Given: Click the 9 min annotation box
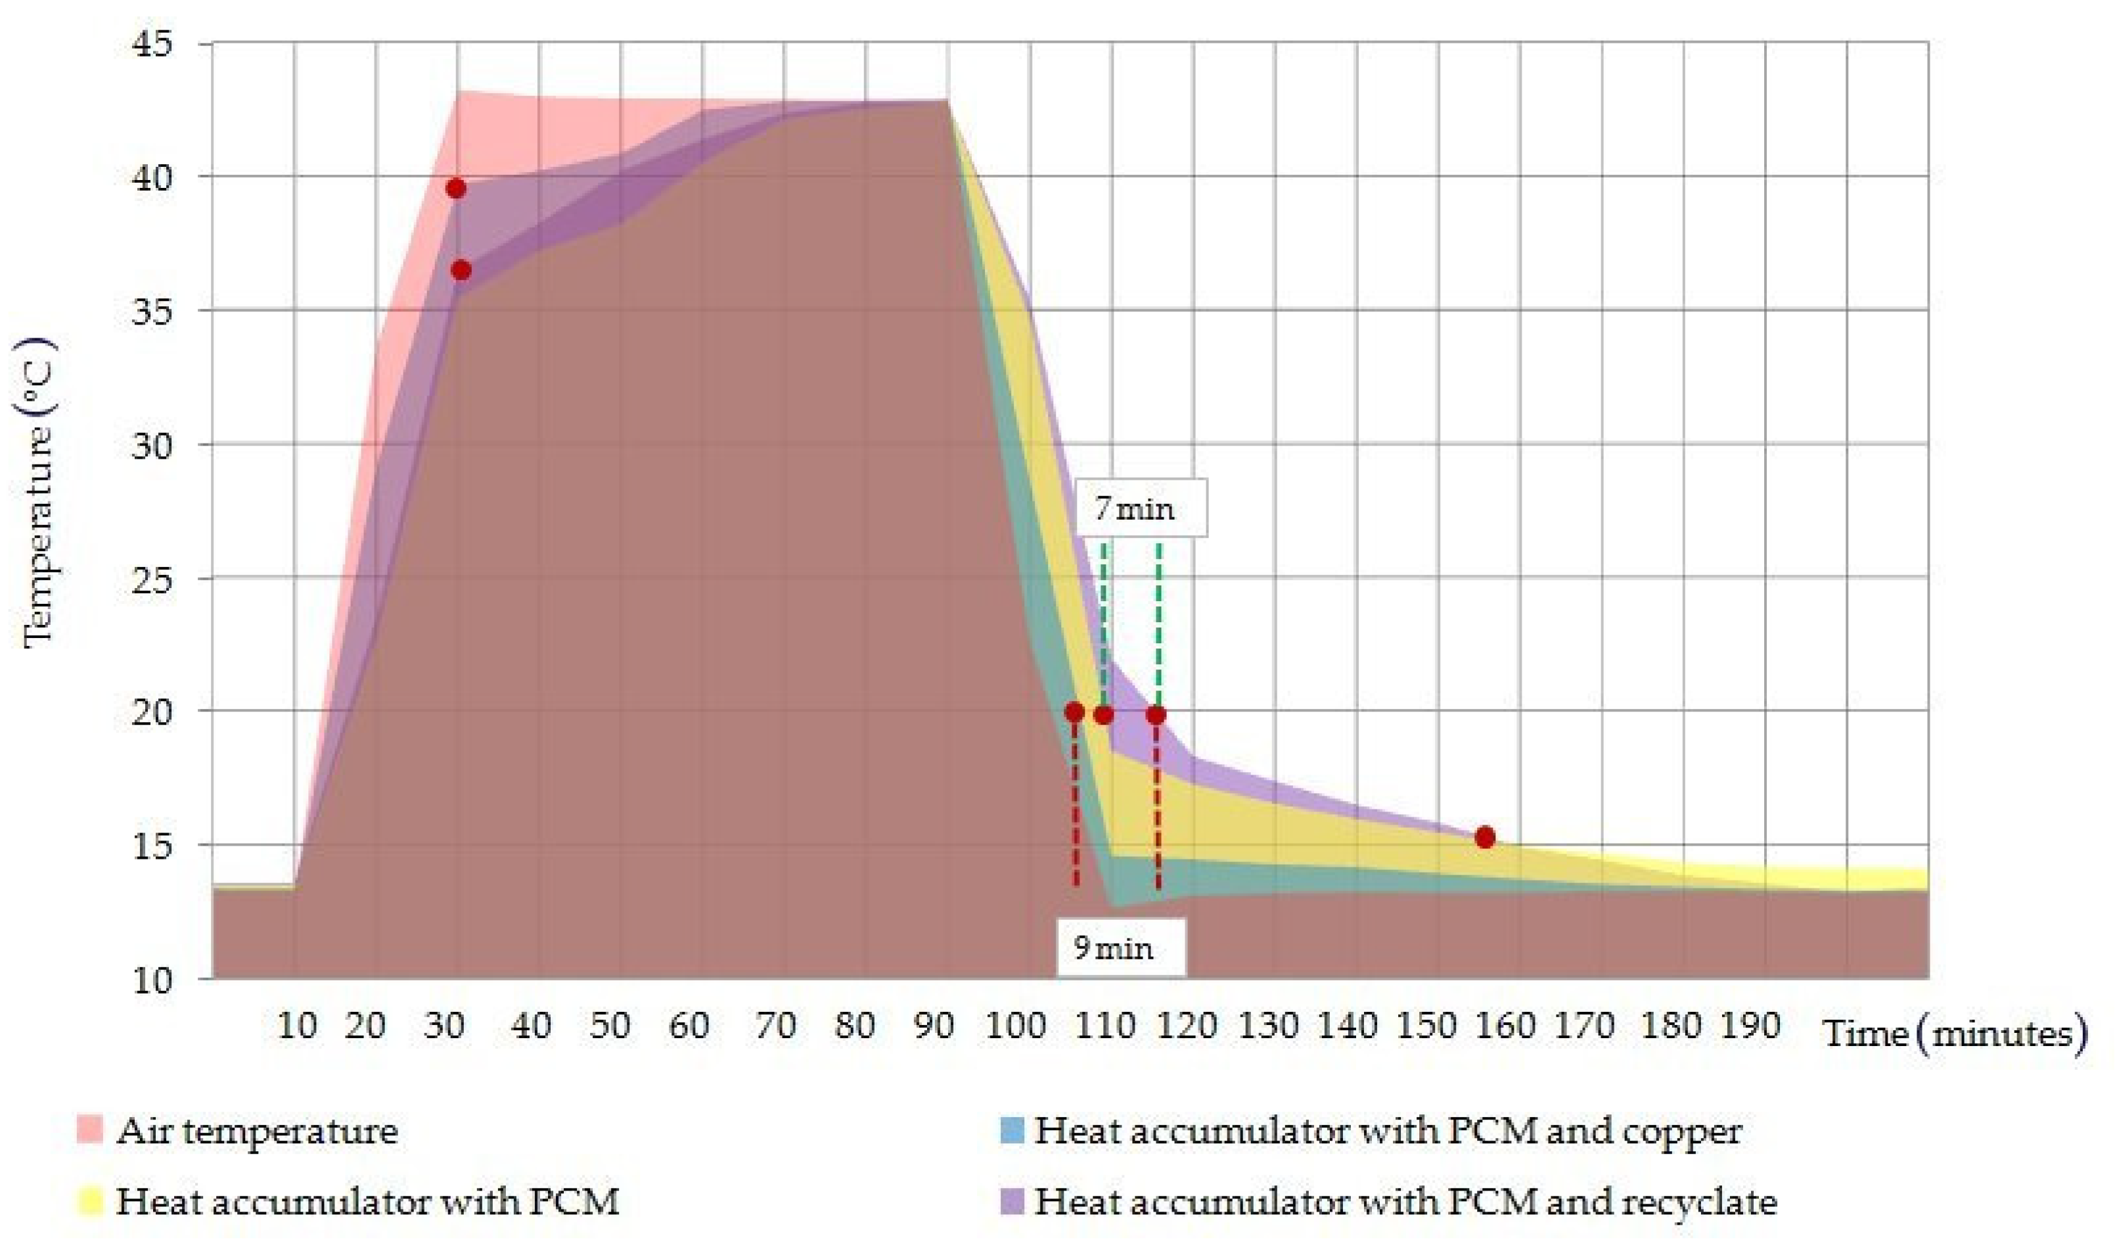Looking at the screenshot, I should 1120,948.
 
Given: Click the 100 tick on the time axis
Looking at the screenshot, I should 1015,1026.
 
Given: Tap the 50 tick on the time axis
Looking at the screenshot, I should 610,1026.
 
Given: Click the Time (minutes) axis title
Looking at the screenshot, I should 1954,1034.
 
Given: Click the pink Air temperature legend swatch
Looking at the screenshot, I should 89,1130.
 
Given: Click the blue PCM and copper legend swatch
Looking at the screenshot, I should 1011,1130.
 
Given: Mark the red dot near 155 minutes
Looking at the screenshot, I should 1485,837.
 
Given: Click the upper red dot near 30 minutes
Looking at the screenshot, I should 456,188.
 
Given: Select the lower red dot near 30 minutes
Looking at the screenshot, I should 461,271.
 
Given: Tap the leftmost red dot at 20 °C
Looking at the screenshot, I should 1075,712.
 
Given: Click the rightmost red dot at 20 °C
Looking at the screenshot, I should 1156,715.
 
